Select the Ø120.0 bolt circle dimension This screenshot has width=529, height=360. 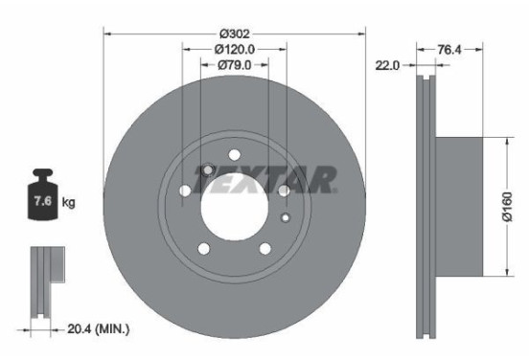coord(233,48)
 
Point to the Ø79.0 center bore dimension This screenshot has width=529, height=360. coord(233,64)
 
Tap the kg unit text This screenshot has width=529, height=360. coord(69,203)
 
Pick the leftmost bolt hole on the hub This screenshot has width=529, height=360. coord(184,191)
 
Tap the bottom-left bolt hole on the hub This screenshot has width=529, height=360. coord(203,250)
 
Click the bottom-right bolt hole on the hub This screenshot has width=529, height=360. coord(264,250)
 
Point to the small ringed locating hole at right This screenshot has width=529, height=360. coord(285,218)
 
